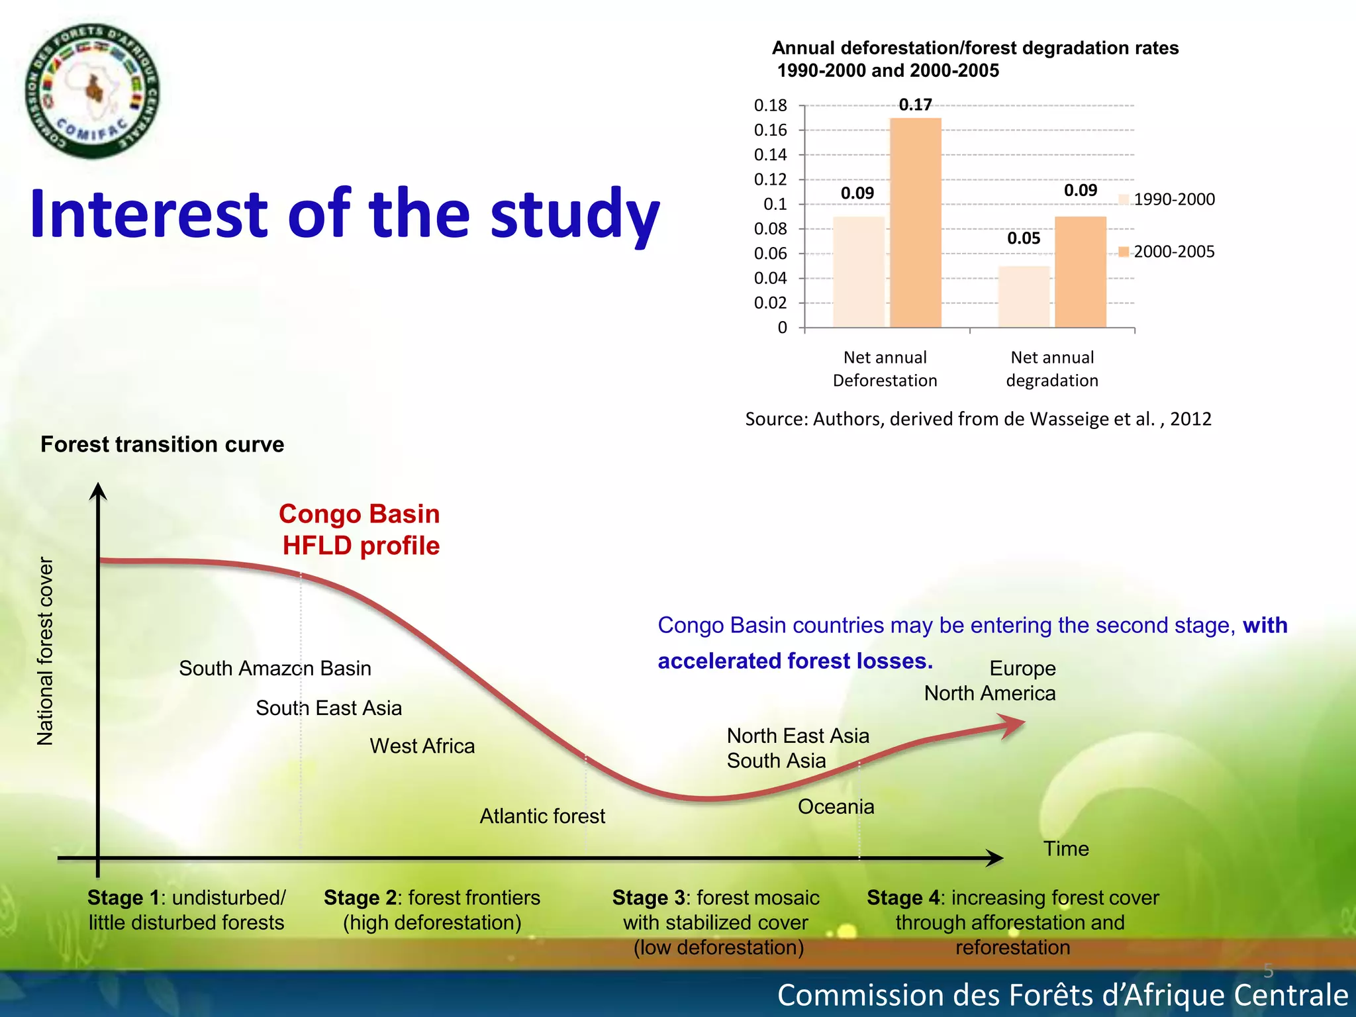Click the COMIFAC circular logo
(x=92, y=91)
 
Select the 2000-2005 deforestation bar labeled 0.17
(x=915, y=222)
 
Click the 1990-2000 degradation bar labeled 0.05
(x=1024, y=297)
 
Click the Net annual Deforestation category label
(x=885, y=369)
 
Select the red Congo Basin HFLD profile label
(x=360, y=530)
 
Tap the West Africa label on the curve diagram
(x=422, y=746)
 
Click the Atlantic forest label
(x=542, y=816)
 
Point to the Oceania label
(x=836, y=806)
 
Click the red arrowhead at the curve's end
(x=1013, y=725)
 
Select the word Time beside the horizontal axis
(x=1066, y=849)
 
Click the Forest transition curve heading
(x=162, y=444)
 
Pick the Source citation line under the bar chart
(x=978, y=419)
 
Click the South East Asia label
(x=328, y=708)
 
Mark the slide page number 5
(x=1268, y=971)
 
